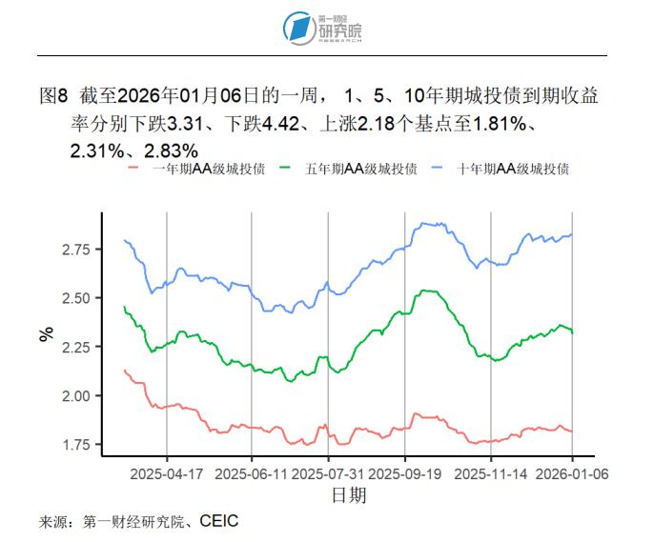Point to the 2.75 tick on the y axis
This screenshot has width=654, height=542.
[75, 250]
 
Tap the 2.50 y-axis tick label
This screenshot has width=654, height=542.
[75, 298]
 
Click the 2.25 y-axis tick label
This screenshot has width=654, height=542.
[75, 347]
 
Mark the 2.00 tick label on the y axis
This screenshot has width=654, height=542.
[75, 396]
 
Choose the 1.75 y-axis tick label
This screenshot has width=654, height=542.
[75, 445]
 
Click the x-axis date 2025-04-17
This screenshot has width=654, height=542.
[167, 473]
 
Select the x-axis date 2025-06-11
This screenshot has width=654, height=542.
[252, 473]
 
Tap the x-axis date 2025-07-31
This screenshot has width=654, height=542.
[328, 473]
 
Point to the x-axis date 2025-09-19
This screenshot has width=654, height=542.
[405, 473]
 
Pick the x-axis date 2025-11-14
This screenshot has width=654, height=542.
[491, 473]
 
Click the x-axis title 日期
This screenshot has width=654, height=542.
[348, 495]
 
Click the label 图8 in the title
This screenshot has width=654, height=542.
[54, 96]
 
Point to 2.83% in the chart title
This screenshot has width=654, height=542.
[172, 150]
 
